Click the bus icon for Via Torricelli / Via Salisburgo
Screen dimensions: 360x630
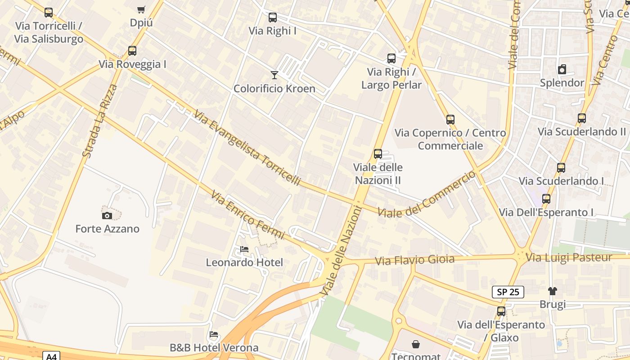tap(49, 13)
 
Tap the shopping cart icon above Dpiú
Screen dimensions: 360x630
tap(141, 9)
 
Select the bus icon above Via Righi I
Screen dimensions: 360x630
tap(273, 18)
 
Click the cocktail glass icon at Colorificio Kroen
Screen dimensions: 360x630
tap(274, 75)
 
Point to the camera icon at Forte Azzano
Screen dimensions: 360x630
tap(107, 216)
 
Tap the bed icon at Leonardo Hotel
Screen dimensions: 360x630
tap(244, 249)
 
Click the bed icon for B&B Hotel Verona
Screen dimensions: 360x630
tap(214, 334)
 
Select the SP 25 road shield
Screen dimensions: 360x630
tap(508, 292)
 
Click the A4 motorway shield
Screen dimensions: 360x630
tap(52, 356)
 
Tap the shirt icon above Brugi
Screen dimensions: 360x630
tap(553, 291)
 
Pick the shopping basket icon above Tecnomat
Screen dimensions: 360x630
tap(416, 344)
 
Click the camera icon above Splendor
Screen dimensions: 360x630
tap(562, 69)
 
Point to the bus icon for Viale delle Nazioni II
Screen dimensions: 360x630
tap(378, 154)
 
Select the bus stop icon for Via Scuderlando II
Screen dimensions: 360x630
tap(582, 118)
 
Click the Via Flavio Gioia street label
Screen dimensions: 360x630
tap(414, 260)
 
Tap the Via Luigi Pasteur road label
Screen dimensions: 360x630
tap(569, 257)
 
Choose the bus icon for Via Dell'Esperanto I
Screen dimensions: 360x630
tap(546, 199)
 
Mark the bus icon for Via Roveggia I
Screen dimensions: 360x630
tap(132, 51)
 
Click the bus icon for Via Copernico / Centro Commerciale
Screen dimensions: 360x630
tap(450, 120)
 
